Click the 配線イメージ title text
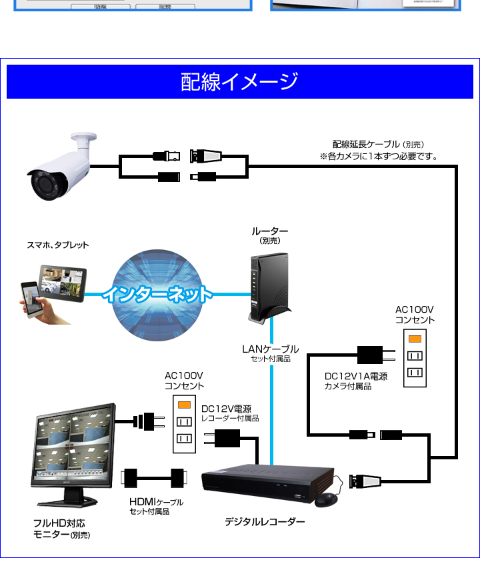click(239, 81)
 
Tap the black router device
click(270, 287)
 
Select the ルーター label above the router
click(270, 231)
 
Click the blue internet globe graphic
click(157, 295)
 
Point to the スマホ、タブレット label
click(58, 245)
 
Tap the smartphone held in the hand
click(31, 299)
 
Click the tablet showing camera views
click(63, 283)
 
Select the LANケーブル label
click(270, 349)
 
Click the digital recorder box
click(269, 483)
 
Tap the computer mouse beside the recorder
click(327, 499)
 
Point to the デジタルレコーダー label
click(265, 521)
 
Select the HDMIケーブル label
click(157, 501)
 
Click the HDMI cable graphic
click(154, 478)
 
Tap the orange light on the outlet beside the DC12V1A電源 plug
click(415, 339)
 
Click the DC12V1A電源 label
click(356, 376)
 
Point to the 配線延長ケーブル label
click(366, 144)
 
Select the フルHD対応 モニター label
click(61, 529)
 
